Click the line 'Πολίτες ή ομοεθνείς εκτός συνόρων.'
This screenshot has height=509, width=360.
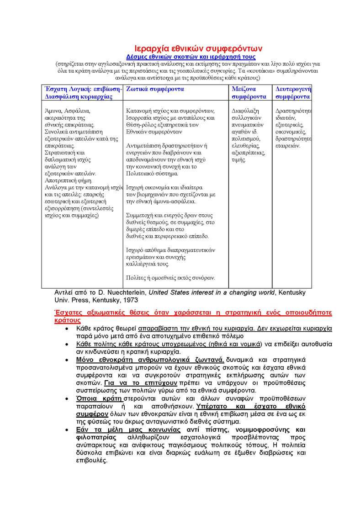pos(170,277)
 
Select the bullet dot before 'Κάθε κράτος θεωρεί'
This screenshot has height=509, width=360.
pos(67,329)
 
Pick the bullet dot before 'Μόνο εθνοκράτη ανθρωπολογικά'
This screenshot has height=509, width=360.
pos(67,360)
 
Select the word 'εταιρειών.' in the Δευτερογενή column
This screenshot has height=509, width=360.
pos(288,146)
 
